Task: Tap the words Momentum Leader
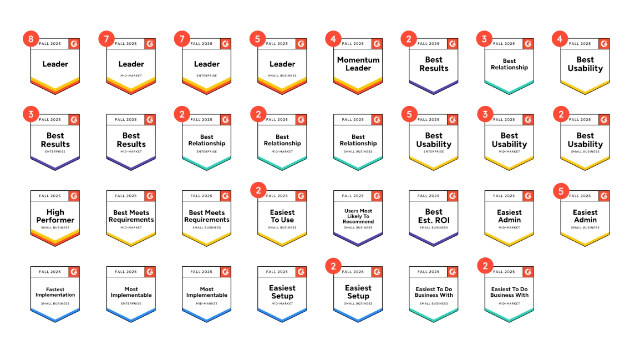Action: coord(358,64)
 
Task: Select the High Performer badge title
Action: coord(55,216)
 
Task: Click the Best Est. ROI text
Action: coord(434,216)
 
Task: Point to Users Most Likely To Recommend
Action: coord(358,216)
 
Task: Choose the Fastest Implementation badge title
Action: coord(55,292)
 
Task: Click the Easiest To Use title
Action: coord(282,216)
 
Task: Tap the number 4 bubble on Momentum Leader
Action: coord(332,39)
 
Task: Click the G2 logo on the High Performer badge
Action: coord(74,196)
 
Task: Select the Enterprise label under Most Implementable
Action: coord(131,303)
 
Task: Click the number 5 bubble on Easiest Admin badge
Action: coord(561,191)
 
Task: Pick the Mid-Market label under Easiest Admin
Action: coord(509,227)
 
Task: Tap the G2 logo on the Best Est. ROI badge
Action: coord(452,196)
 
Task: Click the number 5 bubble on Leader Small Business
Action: coord(257,39)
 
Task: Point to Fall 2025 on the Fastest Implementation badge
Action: coord(50,272)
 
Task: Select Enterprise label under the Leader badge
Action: coord(207,75)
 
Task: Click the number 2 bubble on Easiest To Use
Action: coord(257,191)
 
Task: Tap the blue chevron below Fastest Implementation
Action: coord(55,317)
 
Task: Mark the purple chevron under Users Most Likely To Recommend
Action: coord(358,241)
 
